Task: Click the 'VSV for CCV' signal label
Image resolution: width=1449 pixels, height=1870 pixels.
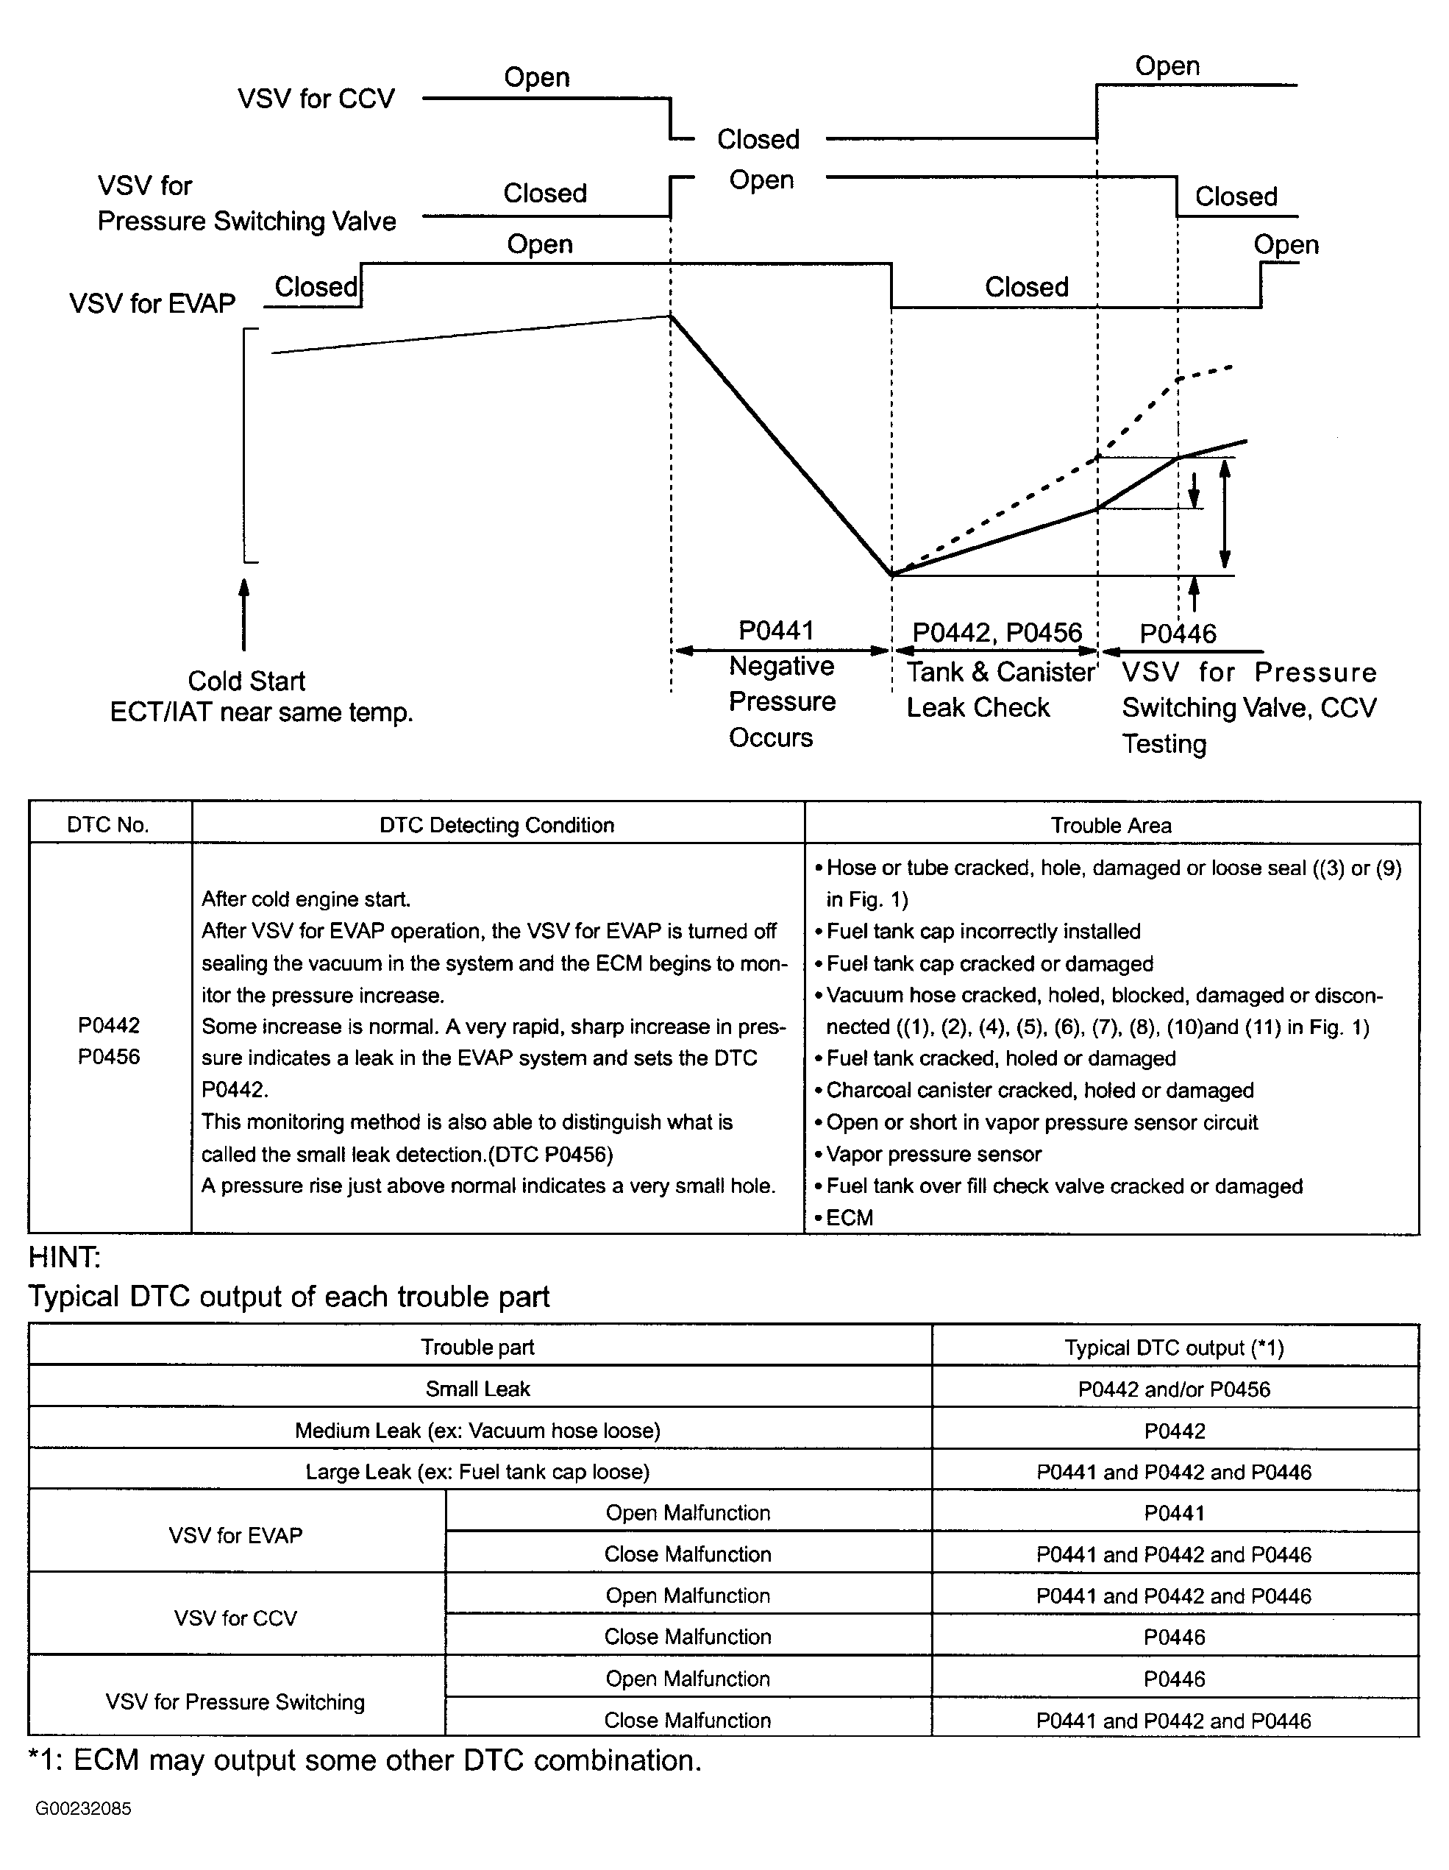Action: point(316,99)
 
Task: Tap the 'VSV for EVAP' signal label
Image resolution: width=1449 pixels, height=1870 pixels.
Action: point(152,303)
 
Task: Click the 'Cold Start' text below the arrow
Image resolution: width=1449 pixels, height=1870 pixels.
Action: point(246,681)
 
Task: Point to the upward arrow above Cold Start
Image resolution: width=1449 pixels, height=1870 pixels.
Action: point(244,614)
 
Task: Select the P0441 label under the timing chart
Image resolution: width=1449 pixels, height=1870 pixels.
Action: point(775,630)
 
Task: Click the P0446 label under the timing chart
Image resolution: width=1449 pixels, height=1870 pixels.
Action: point(1178,634)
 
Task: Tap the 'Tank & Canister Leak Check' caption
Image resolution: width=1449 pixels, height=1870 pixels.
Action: point(1000,690)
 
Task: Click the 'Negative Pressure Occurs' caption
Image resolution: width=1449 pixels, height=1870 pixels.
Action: point(781,701)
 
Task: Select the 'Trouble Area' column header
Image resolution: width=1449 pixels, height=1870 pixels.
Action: point(1111,826)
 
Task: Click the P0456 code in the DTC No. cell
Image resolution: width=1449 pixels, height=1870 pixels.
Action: point(109,1057)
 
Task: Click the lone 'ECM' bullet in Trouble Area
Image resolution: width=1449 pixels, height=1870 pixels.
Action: point(849,1217)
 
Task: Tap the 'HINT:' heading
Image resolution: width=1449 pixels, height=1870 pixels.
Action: point(65,1257)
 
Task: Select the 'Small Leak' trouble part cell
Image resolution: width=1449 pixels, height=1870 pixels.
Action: point(477,1389)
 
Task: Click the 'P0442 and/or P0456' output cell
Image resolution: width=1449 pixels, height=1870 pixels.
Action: point(1173,1389)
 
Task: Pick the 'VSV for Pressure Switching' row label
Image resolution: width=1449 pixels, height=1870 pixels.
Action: point(235,1701)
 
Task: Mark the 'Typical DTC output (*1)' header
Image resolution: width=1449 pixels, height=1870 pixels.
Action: point(1173,1347)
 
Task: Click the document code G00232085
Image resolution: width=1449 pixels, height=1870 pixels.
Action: point(83,1808)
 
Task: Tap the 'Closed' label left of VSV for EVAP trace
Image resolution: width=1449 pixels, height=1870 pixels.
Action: point(316,287)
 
